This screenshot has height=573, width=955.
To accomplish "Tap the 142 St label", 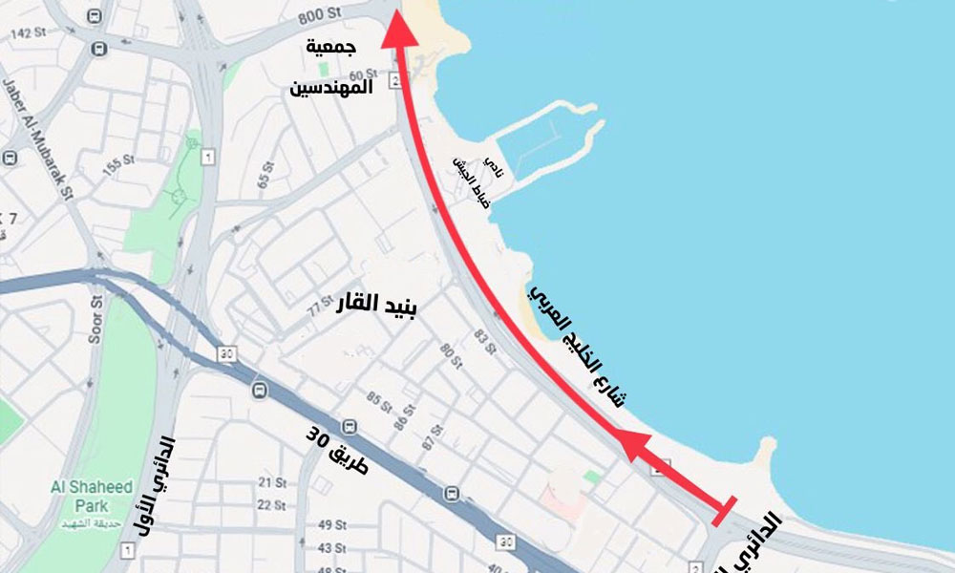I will [x=29, y=32].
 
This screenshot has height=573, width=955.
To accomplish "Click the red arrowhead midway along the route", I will [x=633, y=443].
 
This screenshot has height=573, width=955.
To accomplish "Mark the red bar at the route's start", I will [x=724, y=511].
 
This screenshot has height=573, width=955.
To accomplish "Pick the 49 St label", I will [x=331, y=524].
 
